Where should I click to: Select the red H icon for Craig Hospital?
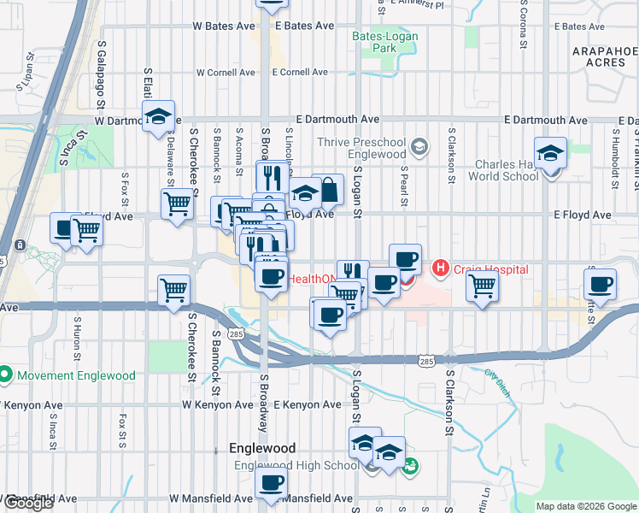[x=441, y=269]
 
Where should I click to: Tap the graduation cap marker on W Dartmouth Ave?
[x=159, y=117]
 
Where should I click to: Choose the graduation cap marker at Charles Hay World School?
[x=551, y=154]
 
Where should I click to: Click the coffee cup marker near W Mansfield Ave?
[x=272, y=482]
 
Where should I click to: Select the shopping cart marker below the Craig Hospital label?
[x=483, y=287]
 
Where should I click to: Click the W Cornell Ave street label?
[x=226, y=73]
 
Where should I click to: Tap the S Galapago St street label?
[x=101, y=63]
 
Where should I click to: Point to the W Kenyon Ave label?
[x=214, y=404]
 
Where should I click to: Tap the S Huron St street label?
[x=77, y=336]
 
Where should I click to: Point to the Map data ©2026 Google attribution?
[x=586, y=506]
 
